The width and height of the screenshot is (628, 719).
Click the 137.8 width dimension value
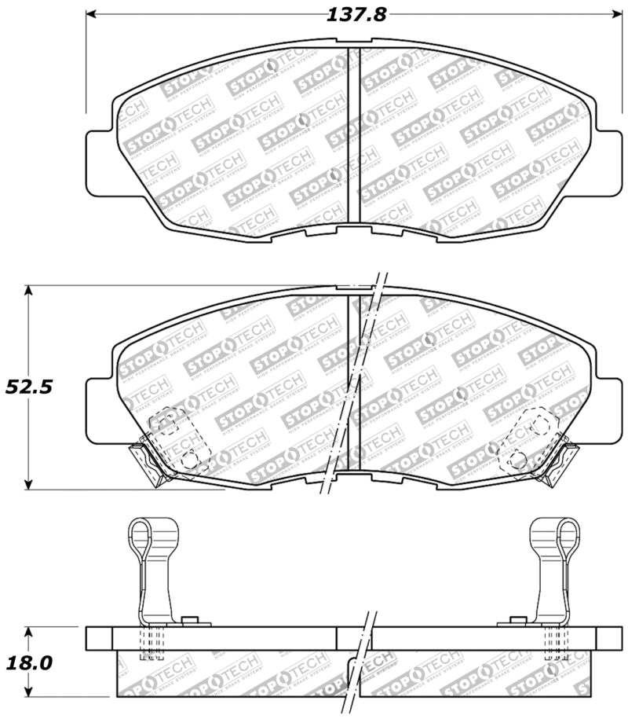(356, 15)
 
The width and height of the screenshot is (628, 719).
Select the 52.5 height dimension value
(24, 387)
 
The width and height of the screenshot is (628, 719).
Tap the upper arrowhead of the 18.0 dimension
(29, 631)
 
